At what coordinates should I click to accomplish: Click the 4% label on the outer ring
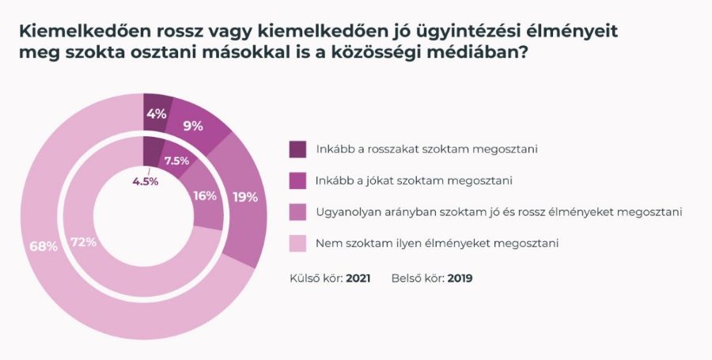(x=156, y=113)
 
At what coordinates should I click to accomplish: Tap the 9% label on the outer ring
(x=192, y=125)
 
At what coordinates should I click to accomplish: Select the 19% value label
(x=245, y=197)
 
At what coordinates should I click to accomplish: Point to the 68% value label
(x=44, y=246)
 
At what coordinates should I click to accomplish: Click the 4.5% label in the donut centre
(x=146, y=180)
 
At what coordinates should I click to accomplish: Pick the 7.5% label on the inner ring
(x=176, y=161)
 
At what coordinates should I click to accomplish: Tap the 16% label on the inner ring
(x=205, y=195)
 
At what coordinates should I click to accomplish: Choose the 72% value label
(x=82, y=242)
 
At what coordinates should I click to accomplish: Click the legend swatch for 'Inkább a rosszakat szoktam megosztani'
(x=297, y=149)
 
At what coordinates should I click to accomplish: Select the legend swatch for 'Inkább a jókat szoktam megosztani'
(x=297, y=180)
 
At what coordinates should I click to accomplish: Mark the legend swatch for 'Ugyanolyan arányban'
(x=297, y=212)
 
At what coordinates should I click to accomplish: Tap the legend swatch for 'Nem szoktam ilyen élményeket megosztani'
(x=297, y=244)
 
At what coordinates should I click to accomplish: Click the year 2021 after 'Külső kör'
(x=359, y=279)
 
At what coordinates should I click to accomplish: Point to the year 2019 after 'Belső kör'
(x=460, y=279)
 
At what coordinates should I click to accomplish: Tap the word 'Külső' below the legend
(x=305, y=279)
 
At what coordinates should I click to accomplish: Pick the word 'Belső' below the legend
(x=406, y=279)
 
